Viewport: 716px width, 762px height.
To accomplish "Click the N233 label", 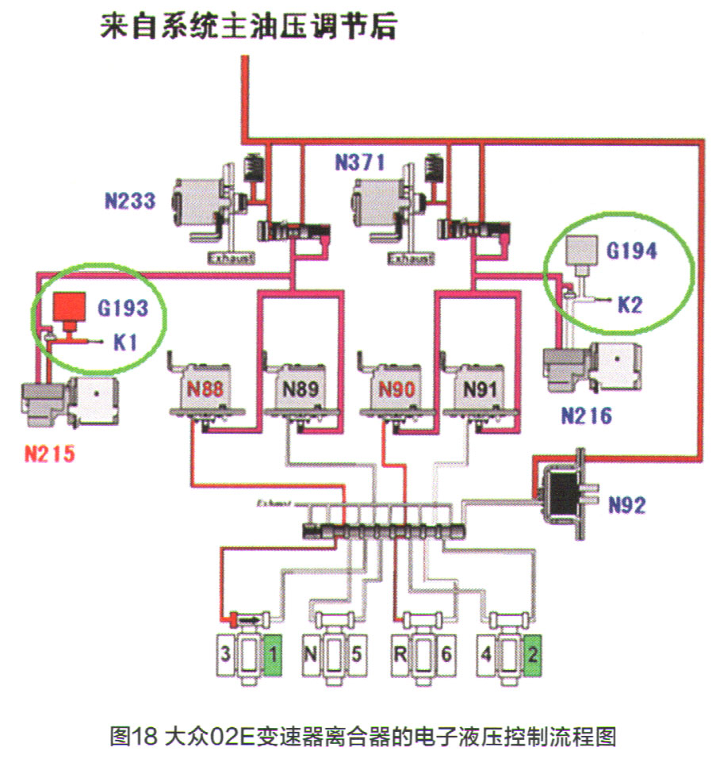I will [x=128, y=200].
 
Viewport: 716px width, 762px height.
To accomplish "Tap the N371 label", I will [x=359, y=163].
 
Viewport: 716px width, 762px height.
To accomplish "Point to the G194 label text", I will [x=632, y=251].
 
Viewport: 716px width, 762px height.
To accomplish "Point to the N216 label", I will [x=588, y=415].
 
